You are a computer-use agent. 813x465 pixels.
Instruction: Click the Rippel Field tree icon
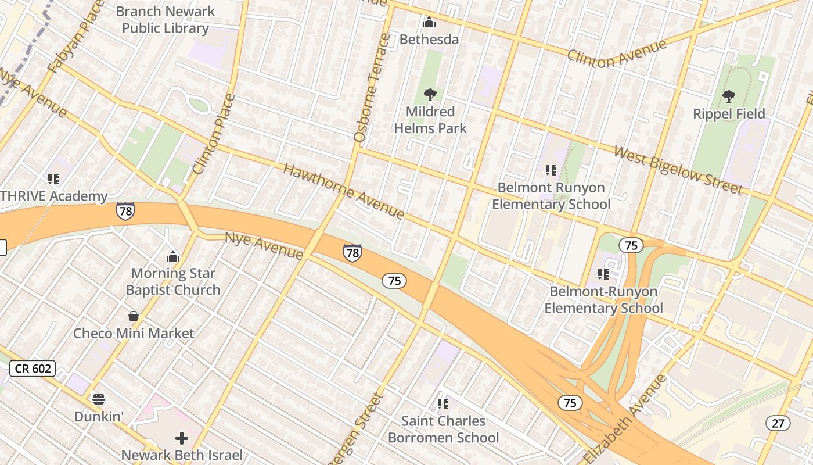pyautogui.click(x=729, y=96)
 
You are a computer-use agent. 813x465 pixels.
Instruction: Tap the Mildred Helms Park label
pyautogui.click(x=430, y=120)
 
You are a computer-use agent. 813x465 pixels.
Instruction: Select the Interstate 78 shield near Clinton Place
pyautogui.click(x=125, y=210)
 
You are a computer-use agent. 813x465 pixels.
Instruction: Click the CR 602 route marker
pyautogui.click(x=33, y=368)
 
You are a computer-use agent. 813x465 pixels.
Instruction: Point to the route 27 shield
pyautogui.click(x=778, y=423)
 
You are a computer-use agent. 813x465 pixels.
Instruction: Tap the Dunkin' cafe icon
pyautogui.click(x=99, y=399)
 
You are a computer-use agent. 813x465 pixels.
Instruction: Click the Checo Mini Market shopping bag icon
pyautogui.click(x=134, y=316)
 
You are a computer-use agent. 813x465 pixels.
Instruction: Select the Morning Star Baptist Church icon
pyautogui.click(x=172, y=256)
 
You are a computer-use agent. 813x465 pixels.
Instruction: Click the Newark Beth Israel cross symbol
pyautogui.click(x=182, y=438)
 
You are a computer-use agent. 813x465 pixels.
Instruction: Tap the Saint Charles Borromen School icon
pyautogui.click(x=443, y=403)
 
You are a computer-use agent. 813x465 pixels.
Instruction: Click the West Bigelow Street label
pyautogui.click(x=678, y=170)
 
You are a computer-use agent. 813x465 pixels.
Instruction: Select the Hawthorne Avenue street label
pyautogui.click(x=343, y=191)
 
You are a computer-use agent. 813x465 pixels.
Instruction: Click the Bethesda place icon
pyautogui.click(x=429, y=23)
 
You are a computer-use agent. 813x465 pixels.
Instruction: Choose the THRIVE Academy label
pyautogui.click(x=53, y=196)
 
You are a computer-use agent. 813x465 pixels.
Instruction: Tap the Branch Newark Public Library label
pyautogui.click(x=166, y=19)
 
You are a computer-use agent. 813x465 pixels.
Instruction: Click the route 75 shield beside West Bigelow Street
pyautogui.click(x=631, y=245)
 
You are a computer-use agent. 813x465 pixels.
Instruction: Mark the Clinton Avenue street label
pyautogui.click(x=616, y=53)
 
